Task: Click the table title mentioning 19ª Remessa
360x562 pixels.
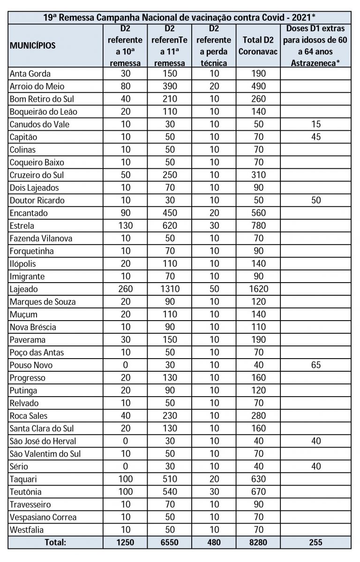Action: (180, 17)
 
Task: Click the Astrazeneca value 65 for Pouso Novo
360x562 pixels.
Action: (315, 365)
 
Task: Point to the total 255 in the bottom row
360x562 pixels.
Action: (315, 542)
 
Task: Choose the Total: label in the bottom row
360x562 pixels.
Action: (55, 542)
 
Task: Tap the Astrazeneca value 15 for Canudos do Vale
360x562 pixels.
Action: (315, 124)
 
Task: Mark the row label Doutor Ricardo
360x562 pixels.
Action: (37, 200)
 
